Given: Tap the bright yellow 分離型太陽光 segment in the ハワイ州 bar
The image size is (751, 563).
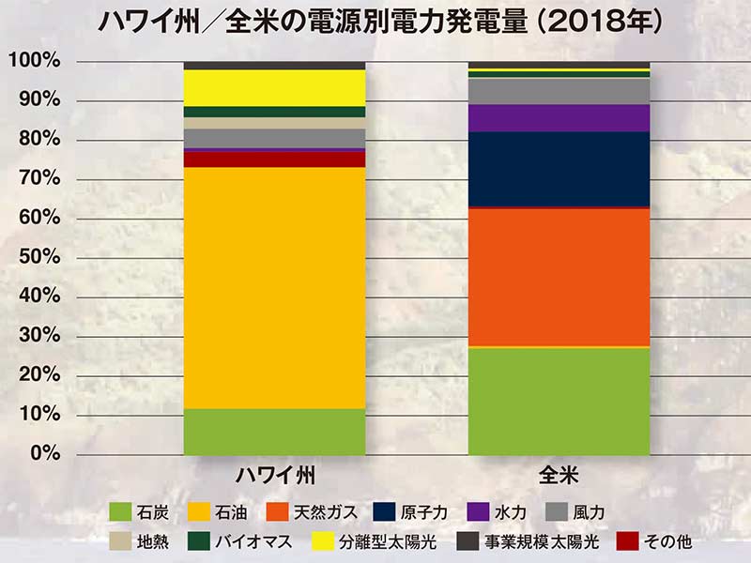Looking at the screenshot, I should pos(274,88).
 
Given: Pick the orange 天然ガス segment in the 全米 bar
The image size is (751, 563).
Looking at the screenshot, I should pos(559,277).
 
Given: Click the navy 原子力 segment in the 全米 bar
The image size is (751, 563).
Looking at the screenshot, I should pos(559,169).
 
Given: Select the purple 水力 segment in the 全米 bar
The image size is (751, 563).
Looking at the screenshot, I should pos(559,118).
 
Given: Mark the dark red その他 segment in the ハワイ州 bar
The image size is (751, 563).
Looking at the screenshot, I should pos(274,160).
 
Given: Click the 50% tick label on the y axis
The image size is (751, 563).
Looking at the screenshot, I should pos(38,258).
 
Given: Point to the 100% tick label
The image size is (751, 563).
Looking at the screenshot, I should pos(35,61).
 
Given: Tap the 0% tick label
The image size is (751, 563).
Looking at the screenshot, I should pos(43,454).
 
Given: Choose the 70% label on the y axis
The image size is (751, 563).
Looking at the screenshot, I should pos(38,179).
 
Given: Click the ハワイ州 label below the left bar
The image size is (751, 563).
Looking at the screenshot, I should pos(274,475).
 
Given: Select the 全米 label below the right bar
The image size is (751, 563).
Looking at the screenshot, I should pos(559,475).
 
